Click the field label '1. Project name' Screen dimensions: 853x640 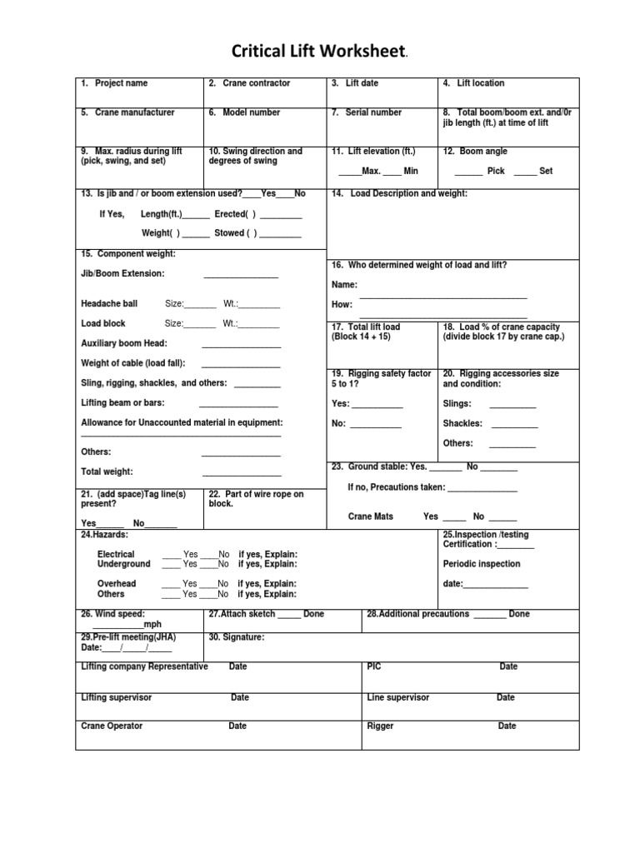[x=114, y=83]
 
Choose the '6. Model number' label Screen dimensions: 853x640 [x=244, y=112]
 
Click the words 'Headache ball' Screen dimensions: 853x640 [x=109, y=303]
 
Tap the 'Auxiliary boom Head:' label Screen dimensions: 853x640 [x=124, y=343]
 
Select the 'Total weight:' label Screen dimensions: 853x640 [x=107, y=471]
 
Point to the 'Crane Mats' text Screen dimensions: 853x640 [x=371, y=516]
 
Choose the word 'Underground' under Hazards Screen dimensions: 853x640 [x=124, y=564]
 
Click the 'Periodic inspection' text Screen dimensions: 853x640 [x=482, y=564]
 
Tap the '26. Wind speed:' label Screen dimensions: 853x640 [x=112, y=614]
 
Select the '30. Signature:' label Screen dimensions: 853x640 [x=237, y=637]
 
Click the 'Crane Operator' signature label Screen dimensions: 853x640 [x=112, y=726]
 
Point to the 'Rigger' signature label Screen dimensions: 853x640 [x=380, y=726]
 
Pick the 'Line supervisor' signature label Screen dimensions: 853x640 [x=398, y=697]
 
